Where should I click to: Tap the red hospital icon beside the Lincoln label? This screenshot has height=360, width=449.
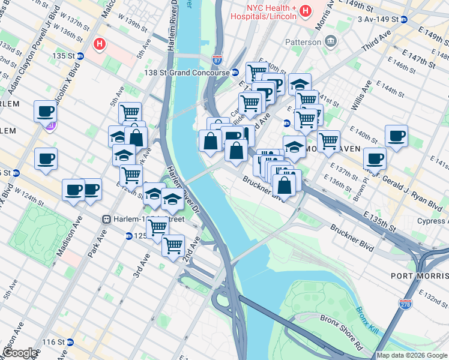tap(306, 11)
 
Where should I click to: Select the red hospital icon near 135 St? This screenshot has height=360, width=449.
tap(100, 44)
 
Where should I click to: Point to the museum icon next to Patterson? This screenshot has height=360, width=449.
tap(330, 41)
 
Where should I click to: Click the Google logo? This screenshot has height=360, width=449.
tap(19, 353)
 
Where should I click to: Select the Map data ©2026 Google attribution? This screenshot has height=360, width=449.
tap(411, 355)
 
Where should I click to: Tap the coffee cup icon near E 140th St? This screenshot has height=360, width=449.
tap(396, 136)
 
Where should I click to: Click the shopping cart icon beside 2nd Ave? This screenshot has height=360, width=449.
tap(173, 244)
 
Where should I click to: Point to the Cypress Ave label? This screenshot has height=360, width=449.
tap(433, 221)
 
